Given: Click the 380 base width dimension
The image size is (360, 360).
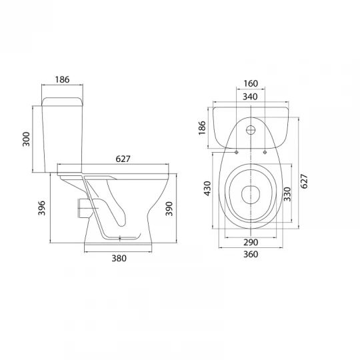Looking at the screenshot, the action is [119, 258].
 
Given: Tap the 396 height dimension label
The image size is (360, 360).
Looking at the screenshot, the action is [42, 208].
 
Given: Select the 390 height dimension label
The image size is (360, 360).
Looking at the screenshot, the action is [169, 209].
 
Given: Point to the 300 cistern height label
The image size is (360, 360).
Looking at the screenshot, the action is [26, 139].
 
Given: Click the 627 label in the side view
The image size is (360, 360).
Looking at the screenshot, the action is [123, 159].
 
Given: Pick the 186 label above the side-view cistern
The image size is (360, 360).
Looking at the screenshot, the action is [62, 79].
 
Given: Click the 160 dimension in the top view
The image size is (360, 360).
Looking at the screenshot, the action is [251, 83].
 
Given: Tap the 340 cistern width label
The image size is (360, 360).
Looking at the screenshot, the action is [250, 97].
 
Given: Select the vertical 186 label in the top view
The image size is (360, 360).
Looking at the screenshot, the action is [202, 128].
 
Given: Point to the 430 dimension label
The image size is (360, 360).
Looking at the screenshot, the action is [207, 189].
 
